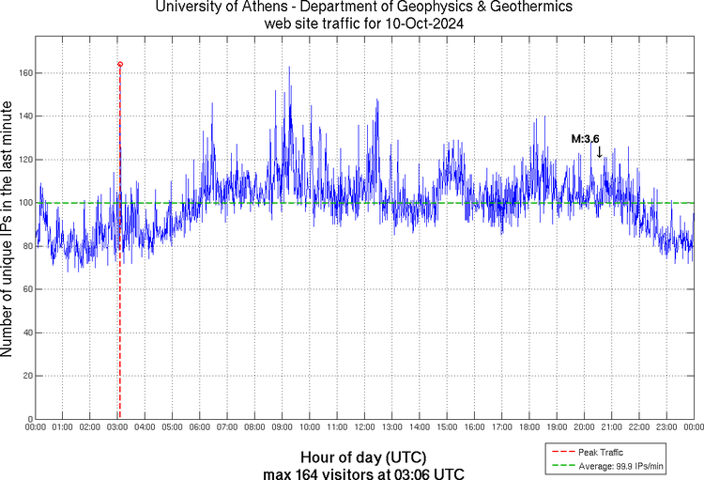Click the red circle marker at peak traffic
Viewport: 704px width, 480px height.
pos(120,64)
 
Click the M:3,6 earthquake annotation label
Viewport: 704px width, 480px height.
pos(585,139)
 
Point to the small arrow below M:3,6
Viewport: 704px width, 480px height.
pos(599,152)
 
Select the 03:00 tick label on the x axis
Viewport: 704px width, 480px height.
pos(117,427)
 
